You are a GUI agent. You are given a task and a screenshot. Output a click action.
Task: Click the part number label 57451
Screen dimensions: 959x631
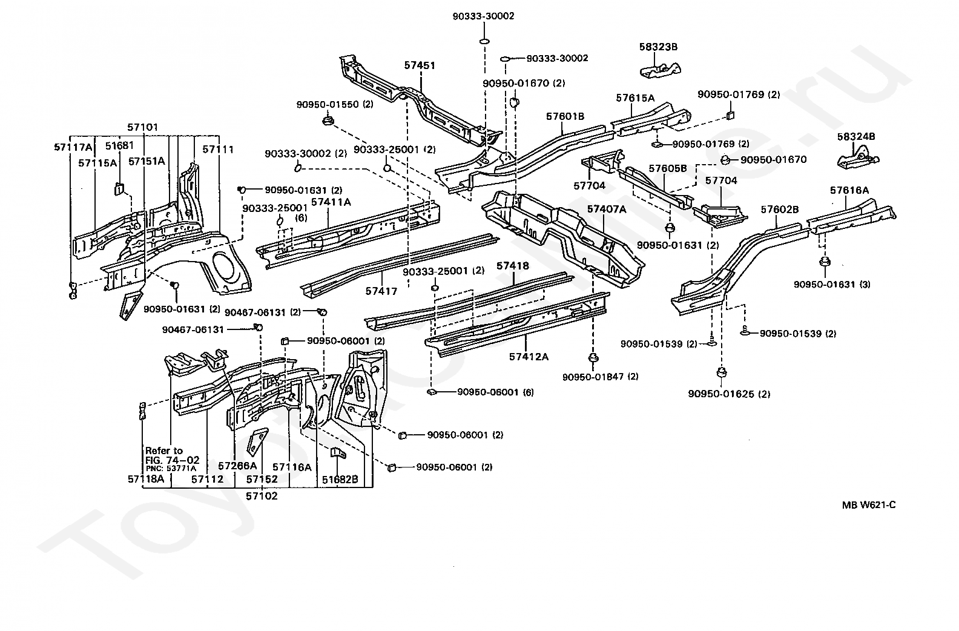click(420, 65)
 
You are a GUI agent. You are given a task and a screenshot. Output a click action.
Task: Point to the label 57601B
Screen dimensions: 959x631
click(565, 116)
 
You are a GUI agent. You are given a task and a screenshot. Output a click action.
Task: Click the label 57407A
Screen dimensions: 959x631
click(607, 209)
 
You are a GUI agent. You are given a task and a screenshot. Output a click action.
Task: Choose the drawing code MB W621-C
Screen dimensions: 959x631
click(869, 505)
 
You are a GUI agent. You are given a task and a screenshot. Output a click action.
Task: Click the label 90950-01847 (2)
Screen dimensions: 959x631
click(600, 377)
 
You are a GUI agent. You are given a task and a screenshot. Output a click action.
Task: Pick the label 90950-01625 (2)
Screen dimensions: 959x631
click(729, 394)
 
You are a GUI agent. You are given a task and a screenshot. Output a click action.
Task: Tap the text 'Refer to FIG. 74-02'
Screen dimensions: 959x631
click(172, 455)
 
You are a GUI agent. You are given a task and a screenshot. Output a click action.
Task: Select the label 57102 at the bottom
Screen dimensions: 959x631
click(262, 496)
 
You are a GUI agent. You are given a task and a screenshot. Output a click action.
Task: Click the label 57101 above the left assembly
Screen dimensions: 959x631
click(142, 127)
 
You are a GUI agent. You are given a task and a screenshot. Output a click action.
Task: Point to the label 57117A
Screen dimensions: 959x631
click(73, 147)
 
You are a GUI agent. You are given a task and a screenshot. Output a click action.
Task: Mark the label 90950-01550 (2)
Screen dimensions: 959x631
click(335, 104)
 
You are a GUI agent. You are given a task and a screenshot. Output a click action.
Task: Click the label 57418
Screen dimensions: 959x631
click(513, 266)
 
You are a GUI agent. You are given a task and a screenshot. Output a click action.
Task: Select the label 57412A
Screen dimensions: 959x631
click(529, 357)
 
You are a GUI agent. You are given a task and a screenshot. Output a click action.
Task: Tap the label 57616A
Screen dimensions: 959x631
click(849, 191)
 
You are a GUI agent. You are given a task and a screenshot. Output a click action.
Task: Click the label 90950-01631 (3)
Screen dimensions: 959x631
click(832, 285)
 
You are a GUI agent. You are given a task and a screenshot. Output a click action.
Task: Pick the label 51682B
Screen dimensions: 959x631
click(340, 480)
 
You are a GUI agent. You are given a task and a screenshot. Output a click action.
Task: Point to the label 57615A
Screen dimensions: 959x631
click(635, 98)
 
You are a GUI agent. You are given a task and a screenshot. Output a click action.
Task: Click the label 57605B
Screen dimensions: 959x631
click(667, 168)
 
